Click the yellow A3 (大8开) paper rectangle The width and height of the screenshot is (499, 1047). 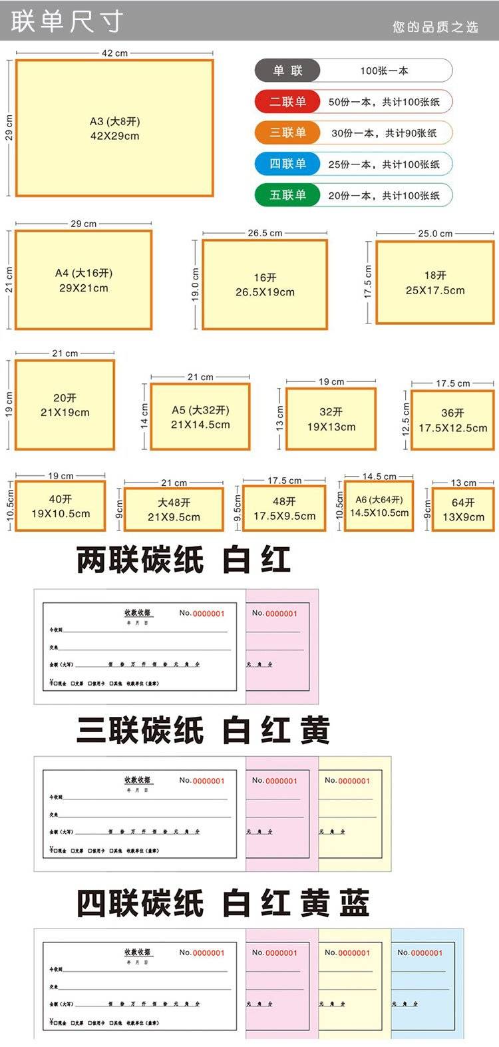114,128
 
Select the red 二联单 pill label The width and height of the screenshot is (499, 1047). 287,102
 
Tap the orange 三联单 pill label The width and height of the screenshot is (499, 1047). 287,132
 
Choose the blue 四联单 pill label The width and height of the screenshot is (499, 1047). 287,164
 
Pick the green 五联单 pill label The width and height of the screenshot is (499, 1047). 287,195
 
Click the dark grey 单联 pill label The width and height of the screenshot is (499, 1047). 287,71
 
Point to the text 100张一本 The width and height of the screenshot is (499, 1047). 384,71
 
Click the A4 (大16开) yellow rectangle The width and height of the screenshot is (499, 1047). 83,280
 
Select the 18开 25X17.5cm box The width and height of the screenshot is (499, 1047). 435,283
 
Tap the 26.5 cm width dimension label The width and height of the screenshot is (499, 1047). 265,233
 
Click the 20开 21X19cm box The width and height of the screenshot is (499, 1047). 65,405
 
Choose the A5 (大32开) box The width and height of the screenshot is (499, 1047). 200,417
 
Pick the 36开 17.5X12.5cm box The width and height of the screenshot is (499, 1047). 452,420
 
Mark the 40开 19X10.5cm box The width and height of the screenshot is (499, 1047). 61,507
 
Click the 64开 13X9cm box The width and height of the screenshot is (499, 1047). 463,510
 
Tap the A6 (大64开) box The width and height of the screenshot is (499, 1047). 379,507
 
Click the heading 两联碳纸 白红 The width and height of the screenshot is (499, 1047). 184,560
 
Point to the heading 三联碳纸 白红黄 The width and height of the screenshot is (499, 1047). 203,730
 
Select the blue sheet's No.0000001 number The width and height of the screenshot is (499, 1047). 420,952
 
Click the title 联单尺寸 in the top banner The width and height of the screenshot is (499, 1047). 67,21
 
